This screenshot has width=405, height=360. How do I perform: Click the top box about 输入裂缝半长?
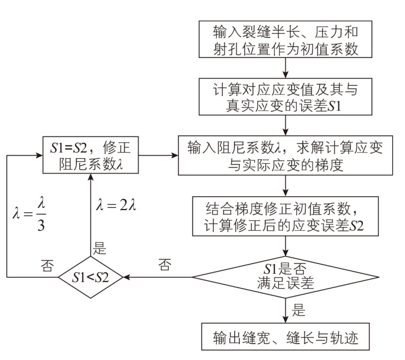(x=285, y=39)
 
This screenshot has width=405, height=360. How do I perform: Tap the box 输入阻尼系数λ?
(x=285, y=155)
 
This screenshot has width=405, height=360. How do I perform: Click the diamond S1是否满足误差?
(x=285, y=277)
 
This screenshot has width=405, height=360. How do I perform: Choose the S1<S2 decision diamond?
(x=90, y=277)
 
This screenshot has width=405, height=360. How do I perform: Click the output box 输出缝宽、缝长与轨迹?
(x=285, y=337)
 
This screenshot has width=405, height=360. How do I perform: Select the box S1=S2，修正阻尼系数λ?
(x=90, y=155)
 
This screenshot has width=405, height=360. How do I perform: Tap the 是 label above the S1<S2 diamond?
(x=100, y=249)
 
